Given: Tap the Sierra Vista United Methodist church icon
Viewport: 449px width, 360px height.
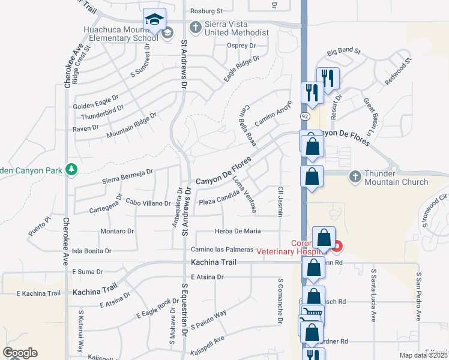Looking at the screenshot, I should [x=194, y=27].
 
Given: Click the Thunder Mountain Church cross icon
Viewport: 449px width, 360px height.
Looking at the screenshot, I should [x=355, y=176].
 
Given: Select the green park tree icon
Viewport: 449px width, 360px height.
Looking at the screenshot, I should [x=72, y=170].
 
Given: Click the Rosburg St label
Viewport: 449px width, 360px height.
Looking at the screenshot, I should [x=206, y=11].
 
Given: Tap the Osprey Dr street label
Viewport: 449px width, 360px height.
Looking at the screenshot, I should [x=241, y=46].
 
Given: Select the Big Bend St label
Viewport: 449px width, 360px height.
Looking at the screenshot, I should [x=343, y=52].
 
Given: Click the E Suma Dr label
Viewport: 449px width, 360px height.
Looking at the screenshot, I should [x=88, y=272].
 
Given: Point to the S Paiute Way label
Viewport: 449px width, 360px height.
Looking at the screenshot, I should [x=209, y=320].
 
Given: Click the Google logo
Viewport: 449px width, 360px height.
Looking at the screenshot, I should [x=20, y=353].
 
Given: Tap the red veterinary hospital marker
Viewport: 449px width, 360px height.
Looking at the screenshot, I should [x=338, y=246].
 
